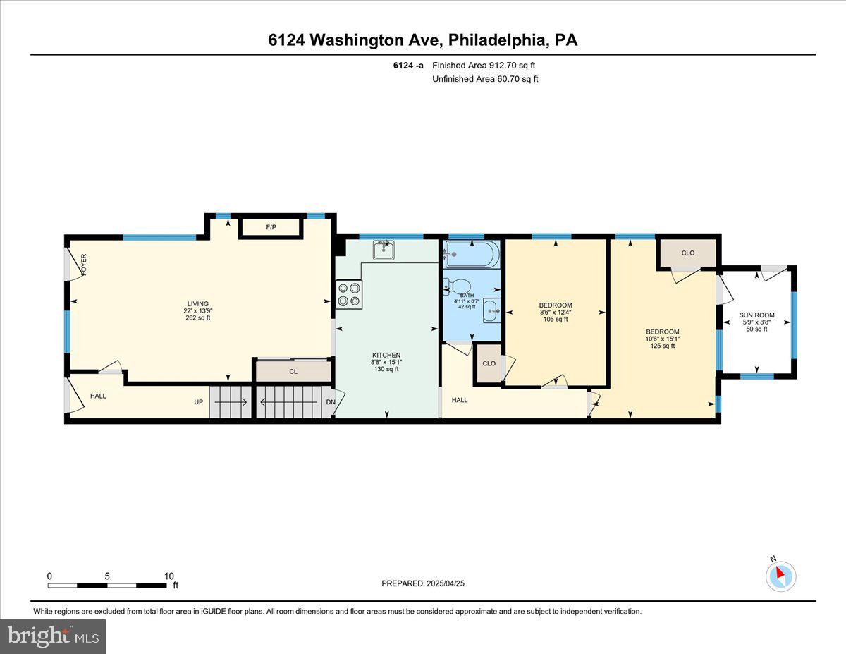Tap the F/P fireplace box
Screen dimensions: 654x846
point(271,228)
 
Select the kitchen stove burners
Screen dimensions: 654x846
point(348,294)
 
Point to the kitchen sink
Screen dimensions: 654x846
point(384,249)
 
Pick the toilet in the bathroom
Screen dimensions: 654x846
point(452,286)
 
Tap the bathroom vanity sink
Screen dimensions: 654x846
point(491,310)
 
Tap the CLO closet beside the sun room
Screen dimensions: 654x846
point(688,253)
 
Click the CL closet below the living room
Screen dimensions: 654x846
point(293,371)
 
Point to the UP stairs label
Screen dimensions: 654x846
point(200,403)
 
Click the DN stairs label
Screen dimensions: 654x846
point(330,403)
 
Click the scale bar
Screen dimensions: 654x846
point(108,585)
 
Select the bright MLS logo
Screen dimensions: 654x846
point(53,636)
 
